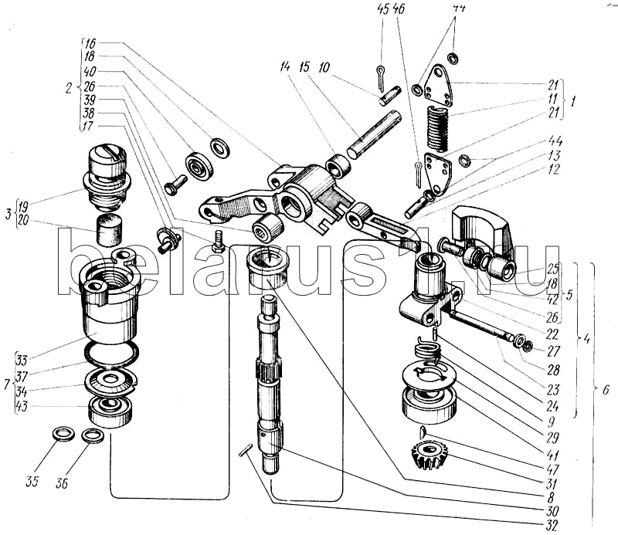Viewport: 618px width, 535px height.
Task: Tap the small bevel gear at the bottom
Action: click(431, 457)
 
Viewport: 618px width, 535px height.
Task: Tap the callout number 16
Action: click(90, 43)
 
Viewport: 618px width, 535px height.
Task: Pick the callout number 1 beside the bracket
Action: click(572, 101)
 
